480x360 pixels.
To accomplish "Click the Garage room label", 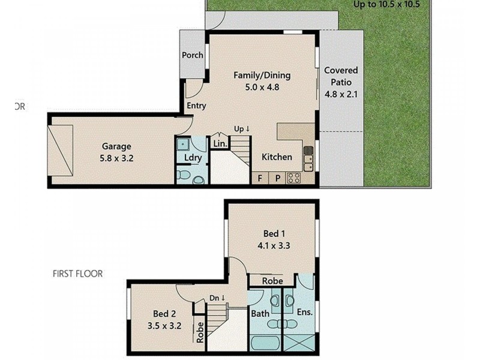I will [x=116, y=146].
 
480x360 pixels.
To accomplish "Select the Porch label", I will [x=193, y=55].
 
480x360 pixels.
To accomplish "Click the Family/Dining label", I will [x=262, y=76].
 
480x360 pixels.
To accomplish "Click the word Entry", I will [x=196, y=106].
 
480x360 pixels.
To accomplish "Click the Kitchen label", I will [x=277, y=157].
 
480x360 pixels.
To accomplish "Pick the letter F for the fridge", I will [x=260, y=178].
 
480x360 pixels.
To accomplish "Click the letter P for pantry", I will [x=278, y=178].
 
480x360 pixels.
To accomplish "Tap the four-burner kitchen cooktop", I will [x=294, y=178].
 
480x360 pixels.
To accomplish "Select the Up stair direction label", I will [x=242, y=128].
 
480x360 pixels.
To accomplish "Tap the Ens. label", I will [x=305, y=312].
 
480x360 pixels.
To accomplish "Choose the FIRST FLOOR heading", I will [x=77, y=274].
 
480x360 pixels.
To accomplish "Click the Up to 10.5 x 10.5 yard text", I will [x=386, y=4].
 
